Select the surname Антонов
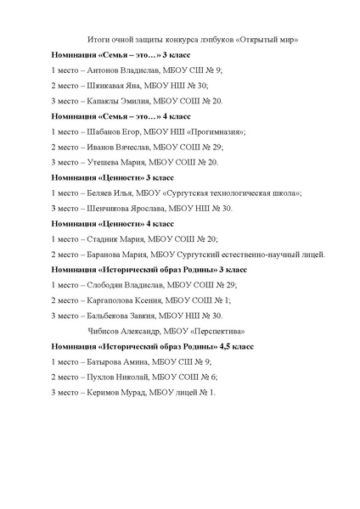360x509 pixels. pos(106,70)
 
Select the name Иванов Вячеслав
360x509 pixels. pos(118,147)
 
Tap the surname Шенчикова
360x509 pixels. pos(110,208)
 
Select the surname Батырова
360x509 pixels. pos(106,361)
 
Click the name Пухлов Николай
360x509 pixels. pos(117,377)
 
